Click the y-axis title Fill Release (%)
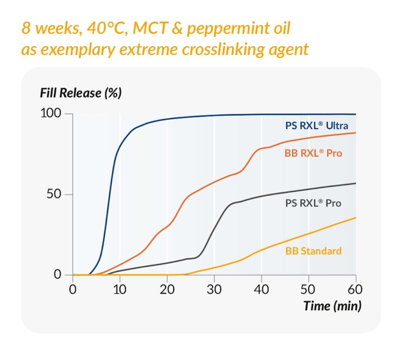[80, 93]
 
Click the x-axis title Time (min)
[332, 306]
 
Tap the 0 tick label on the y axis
[58, 274]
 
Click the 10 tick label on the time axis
[120, 290]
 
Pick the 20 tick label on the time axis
[167, 290]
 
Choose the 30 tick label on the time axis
[214, 290]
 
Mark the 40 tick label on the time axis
[261, 290]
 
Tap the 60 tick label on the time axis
[355, 290]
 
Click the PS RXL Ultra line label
[316, 126]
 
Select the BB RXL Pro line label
[313, 153]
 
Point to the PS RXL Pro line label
[313, 203]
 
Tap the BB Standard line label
[313, 251]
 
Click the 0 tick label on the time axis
[73, 290]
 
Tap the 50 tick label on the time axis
[309, 290]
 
